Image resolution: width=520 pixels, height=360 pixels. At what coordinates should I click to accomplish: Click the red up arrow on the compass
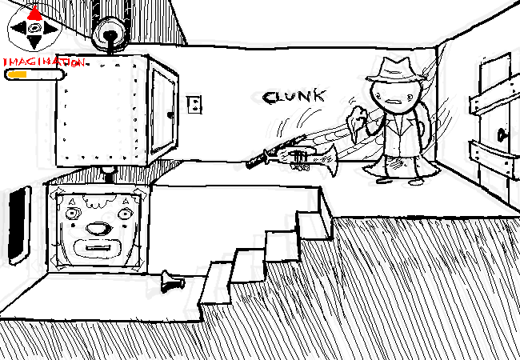click(34, 13)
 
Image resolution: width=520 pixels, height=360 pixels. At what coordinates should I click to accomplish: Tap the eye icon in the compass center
click(34, 31)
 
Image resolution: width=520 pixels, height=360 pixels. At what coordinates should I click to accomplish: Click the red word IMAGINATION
click(44, 62)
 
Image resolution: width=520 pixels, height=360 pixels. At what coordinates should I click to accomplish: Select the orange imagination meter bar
click(18, 74)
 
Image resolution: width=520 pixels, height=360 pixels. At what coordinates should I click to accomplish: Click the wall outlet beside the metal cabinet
click(194, 105)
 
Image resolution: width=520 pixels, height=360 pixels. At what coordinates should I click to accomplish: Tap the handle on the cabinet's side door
click(169, 113)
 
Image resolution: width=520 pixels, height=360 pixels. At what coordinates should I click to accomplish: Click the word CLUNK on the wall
click(294, 97)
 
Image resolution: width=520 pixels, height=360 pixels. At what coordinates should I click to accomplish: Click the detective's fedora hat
click(391, 69)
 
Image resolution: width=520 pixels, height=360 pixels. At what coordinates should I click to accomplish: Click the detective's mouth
click(398, 102)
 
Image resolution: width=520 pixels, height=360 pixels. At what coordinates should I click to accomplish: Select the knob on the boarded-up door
click(502, 134)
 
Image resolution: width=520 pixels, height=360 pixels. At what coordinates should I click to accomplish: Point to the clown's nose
click(97, 228)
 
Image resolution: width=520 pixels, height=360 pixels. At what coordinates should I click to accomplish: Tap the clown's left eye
click(72, 214)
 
